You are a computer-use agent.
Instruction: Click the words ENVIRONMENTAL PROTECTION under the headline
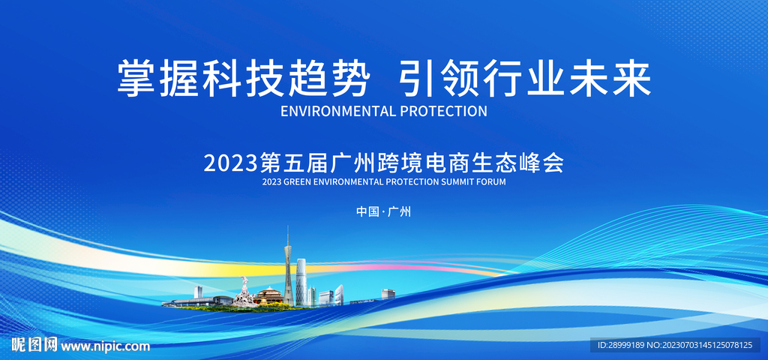coord(383,111)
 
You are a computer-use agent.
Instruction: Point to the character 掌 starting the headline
coord(134,78)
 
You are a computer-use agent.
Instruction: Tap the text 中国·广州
coord(383,212)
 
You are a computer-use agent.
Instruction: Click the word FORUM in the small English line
coord(490,181)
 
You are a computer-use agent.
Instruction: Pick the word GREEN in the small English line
coord(301,181)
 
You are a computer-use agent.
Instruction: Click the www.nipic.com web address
coord(105,346)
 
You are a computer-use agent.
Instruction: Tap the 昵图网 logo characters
coord(33,345)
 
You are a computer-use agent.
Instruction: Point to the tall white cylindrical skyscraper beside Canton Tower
coord(301,281)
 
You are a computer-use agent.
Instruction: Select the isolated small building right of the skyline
coord(388,294)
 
